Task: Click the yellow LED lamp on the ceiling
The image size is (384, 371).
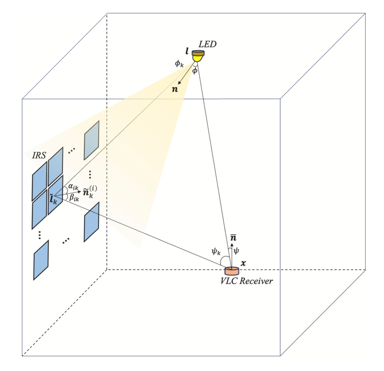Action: click(x=198, y=56)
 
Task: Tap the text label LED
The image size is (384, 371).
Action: click(x=207, y=44)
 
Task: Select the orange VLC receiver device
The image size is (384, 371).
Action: click(x=231, y=270)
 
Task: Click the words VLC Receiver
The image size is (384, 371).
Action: click(x=247, y=281)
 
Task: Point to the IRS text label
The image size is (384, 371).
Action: click(x=39, y=156)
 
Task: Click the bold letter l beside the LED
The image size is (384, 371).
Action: click(x=187, y=51)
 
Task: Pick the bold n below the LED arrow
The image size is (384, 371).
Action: click(x=175, y=89)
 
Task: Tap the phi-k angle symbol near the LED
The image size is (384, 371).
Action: click(x=179, y=63)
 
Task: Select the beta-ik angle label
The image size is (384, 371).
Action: click(x=74, y=198)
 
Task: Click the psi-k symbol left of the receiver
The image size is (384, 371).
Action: click(x=216, y=251)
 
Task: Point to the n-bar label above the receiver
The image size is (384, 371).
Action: click(x=233, y=238)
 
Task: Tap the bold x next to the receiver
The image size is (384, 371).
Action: click(x=243, y=263)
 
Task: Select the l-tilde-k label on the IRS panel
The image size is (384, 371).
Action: click(x=53, y=199)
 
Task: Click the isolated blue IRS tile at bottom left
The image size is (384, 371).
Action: click(x=41, y=260)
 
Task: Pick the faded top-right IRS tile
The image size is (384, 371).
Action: click(x=92, y=140)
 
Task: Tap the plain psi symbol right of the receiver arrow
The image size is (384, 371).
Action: click(x=237, y=250)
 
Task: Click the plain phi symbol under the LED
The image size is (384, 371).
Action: click(x=195, y=70)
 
